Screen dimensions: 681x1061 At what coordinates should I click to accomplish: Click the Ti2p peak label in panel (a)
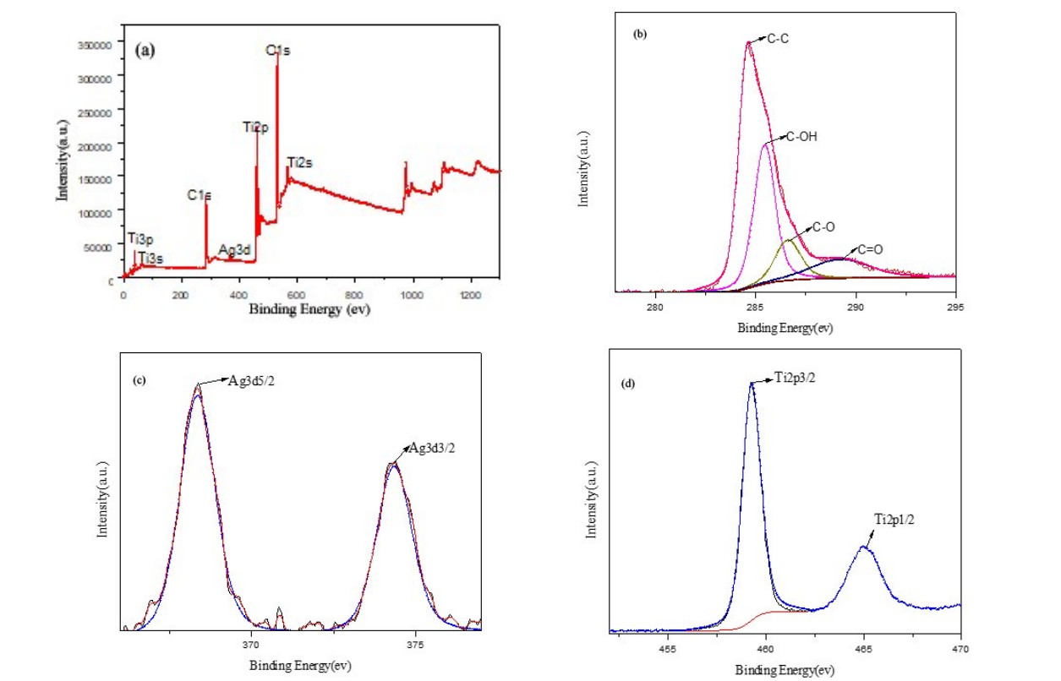pyautogui.click(x=255, y=128)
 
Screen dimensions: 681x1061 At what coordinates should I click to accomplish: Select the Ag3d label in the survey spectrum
pyautogui.click(x=234, y=250)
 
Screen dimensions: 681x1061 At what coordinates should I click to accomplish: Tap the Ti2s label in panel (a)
pyautogui.click(x=300, y=162)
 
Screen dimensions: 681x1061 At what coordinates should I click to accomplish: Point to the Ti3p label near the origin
pyautogui.click(x=140, y=239)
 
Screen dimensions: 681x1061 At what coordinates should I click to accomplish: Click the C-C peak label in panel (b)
pyautogui.click(x=779, y=38)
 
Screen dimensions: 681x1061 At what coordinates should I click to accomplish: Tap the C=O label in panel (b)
pyautogui.click(x=872, y=250)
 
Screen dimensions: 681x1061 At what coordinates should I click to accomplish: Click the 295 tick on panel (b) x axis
pyautogui.click(x=955, y=308)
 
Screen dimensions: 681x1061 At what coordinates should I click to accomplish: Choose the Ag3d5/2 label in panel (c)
pyautogui.click(x=251, y=380)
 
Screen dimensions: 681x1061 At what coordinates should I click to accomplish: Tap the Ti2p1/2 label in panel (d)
pyautogui.click(x=894, y=519)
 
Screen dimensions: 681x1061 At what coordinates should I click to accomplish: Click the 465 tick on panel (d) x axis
pyautogui.click(x=863, y=650)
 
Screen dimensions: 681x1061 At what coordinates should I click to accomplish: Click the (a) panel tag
pyautogui.click(x=145, y=50)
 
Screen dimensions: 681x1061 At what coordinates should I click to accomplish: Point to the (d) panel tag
pyautogui.click(x=628, y=383)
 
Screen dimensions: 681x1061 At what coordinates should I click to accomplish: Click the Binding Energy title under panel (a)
pyautogui.click(x=309, y=310)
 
